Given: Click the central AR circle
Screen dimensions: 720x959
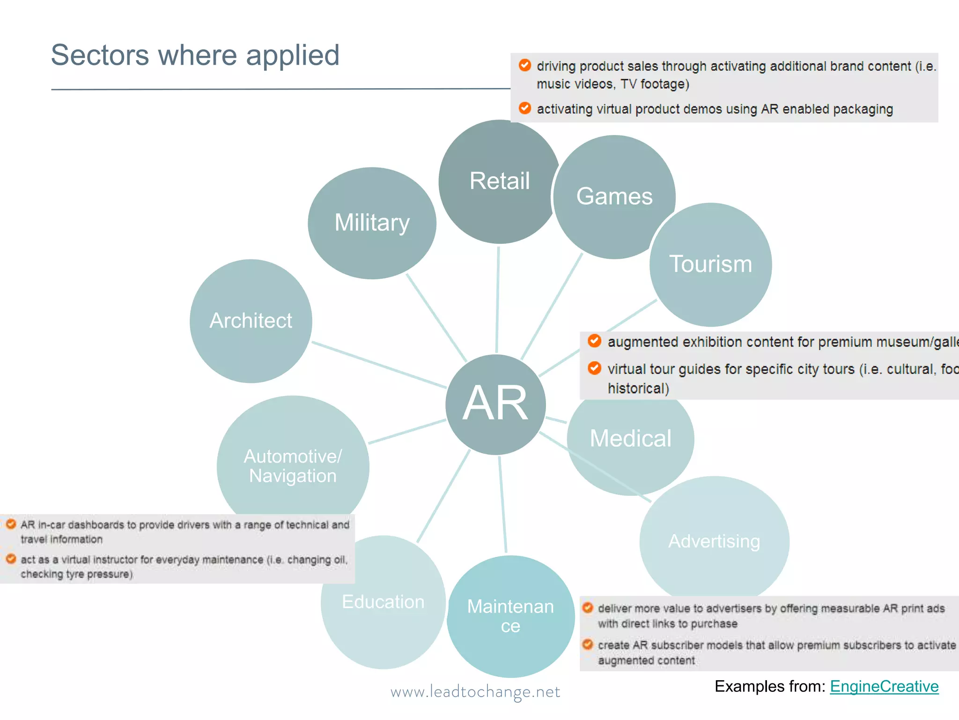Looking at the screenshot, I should click(x=495, y=404).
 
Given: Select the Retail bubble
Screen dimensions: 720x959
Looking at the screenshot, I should click(x=499, y=181).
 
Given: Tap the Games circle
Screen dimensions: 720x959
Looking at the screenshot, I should click(x=614, y=196).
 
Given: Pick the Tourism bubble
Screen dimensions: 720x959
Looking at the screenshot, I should click(x=710, y=264).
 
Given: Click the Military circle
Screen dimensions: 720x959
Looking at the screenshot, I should click(x=372, y=223).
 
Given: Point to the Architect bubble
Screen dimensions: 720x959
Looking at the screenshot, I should click(x=251, y=321).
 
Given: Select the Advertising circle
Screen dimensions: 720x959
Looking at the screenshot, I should click(x=714, y=541).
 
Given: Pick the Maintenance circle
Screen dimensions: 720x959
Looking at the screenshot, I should click(x=510, y=616).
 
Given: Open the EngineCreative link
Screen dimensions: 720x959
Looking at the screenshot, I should click(x=884, y=686).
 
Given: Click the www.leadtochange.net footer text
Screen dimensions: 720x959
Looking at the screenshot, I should click(x=475, y=692).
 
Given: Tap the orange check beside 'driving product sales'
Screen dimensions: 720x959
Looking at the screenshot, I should click(x=525, y=65).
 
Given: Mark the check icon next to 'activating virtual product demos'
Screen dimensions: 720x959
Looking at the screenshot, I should click(x=525, y=108).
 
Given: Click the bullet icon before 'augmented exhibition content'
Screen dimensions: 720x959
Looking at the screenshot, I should click(x=594, y=341).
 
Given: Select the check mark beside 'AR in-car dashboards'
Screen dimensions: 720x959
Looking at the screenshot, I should click(x=11, y=524).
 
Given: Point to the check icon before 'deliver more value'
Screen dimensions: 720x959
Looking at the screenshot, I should click(x=588, y=608).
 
